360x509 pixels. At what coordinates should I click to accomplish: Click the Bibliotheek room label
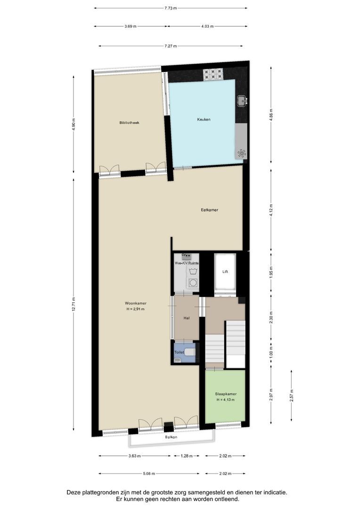(129, 123)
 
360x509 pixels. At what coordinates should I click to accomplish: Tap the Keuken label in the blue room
(204, 119)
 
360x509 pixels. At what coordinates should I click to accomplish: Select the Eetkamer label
(209, 210)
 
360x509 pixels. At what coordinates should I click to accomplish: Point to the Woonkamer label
(135, 303)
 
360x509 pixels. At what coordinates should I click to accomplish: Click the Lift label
(225, 272)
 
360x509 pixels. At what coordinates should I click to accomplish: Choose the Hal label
(187, 319)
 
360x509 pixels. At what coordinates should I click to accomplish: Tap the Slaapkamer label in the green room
(225, 394)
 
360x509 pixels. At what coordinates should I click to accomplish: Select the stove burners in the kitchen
(213, 74)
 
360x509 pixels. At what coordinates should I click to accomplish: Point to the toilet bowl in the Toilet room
(189, 352)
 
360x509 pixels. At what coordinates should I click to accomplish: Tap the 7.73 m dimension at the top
(171, 8)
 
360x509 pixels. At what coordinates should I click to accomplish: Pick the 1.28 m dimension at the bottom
(187, 456)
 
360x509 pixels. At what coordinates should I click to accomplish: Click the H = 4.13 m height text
(225, 400)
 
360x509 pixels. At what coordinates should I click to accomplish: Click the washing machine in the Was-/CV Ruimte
(192, 283)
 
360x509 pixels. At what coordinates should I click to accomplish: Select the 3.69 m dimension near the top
(131, 26)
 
